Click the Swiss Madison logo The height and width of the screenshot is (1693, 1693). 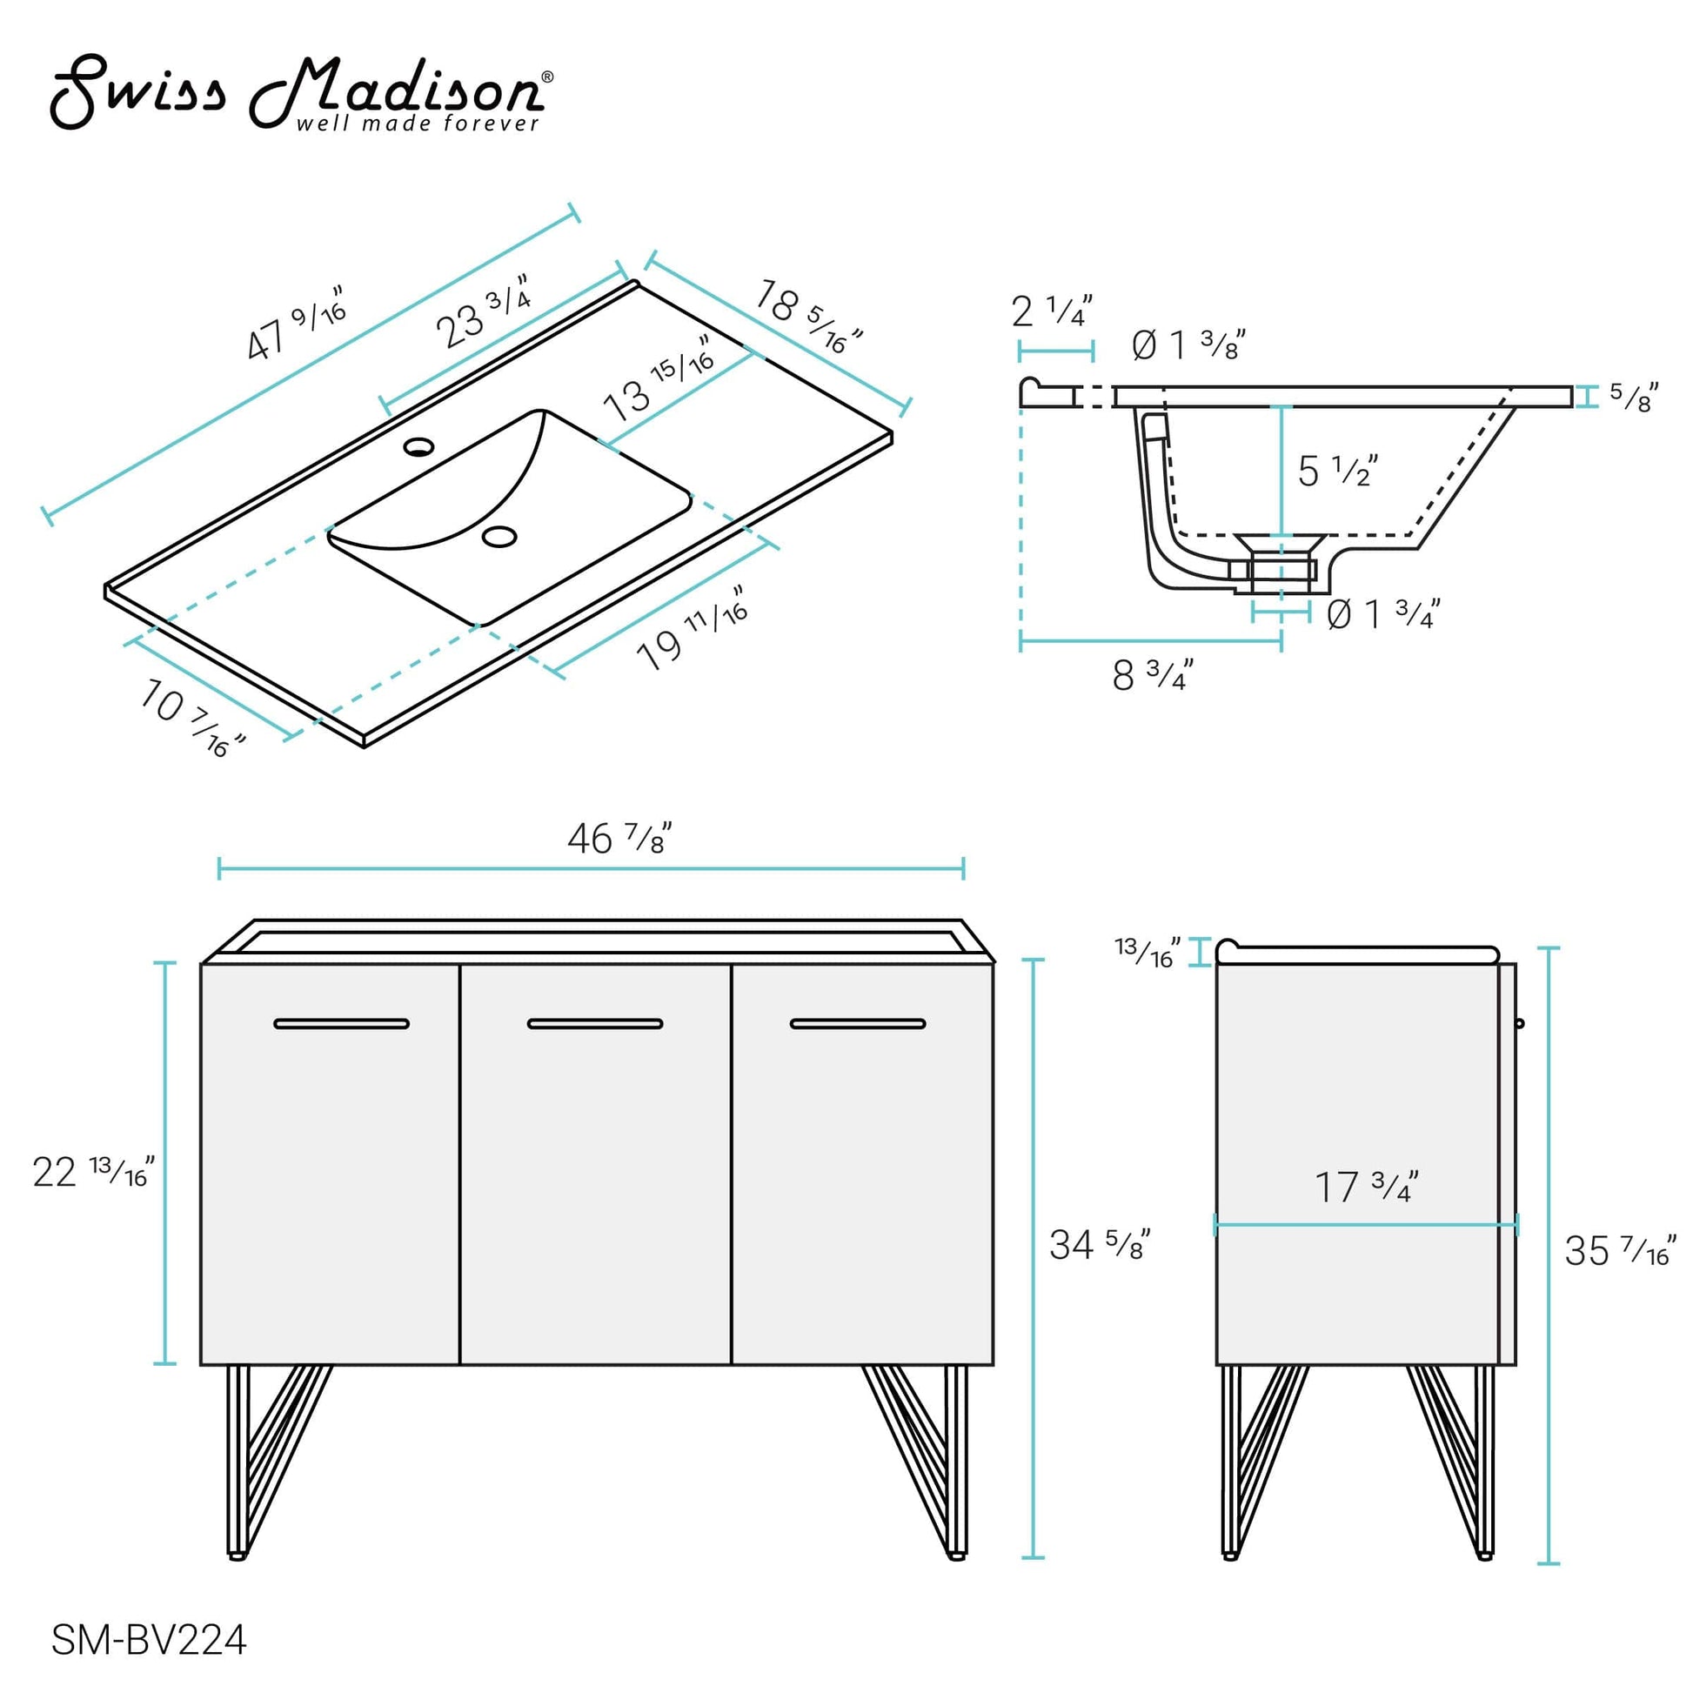[301, 94]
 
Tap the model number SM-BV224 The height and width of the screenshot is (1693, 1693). [149, 1640]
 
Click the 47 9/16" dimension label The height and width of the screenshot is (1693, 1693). [296, 324]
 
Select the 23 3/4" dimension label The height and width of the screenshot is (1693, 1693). [484, 311]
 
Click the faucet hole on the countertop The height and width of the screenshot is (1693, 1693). [418, 447]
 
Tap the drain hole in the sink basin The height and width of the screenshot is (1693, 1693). [500, 536]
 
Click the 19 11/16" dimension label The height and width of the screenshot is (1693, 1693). [692, 629]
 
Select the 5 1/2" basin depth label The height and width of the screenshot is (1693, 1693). [1337, 472]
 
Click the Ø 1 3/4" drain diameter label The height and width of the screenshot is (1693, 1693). [1382, 614]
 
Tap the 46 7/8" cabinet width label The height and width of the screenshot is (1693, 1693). [619, 840]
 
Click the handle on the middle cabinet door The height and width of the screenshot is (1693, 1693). [595, 1023]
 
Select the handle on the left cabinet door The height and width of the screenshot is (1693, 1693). [341, 1023]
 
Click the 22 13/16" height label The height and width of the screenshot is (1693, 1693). [93, 1172]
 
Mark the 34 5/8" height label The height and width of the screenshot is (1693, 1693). [1099, 1244]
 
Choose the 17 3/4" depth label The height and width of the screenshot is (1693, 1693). [1366, 1188]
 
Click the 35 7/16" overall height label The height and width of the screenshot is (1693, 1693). [1619, 1250]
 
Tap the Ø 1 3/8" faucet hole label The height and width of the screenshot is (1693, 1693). [1188, 345]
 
